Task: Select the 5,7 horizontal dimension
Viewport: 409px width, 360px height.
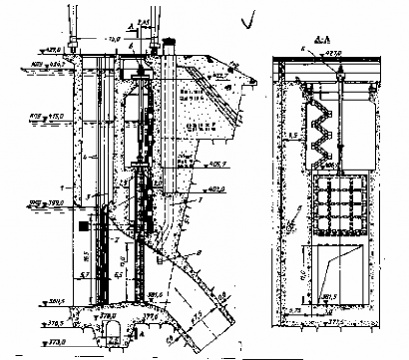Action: click(x=87, y=269)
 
